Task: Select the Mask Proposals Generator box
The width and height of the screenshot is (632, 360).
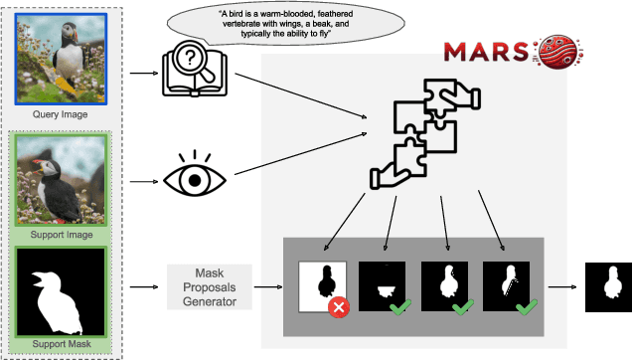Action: (x=210, y=286)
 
